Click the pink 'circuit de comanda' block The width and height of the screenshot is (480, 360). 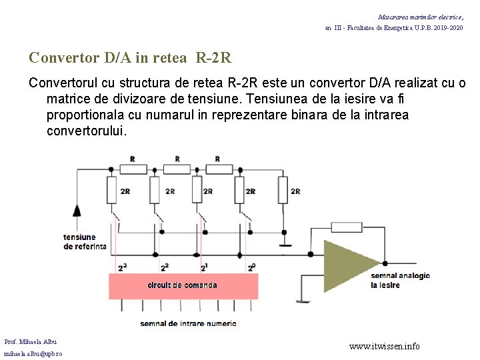click(182, 285)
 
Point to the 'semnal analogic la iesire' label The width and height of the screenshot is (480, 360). click(400, 280)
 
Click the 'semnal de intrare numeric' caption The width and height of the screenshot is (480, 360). click(188, 323)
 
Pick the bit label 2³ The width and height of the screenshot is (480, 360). click(122, 267)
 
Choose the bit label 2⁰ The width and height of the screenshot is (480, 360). click(251, 267)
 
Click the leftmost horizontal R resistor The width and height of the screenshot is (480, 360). click(133, 167)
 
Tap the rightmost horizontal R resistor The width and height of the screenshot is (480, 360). click(217, 167)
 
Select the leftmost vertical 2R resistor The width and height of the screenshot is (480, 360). click(111, 191)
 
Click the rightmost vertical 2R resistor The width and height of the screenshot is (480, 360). click(283, 191)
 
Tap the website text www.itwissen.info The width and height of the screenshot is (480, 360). click(385, 346)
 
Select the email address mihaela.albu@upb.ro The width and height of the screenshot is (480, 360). click(33, 353)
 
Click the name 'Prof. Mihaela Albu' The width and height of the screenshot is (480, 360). click(31, 341)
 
